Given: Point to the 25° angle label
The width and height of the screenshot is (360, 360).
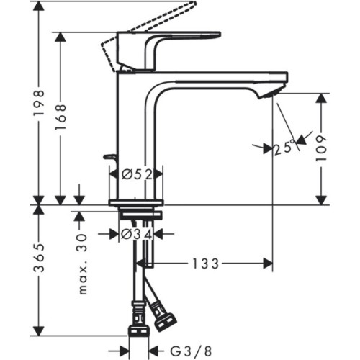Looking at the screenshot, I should click(x=284, y=149).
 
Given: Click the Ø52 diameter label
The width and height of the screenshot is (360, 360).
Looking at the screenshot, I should click(x=136, y=173).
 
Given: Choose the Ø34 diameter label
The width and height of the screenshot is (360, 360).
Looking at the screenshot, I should click(x=136, y=233).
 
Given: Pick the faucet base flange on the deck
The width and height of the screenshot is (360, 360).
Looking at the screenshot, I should click(x=136, y=202).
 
